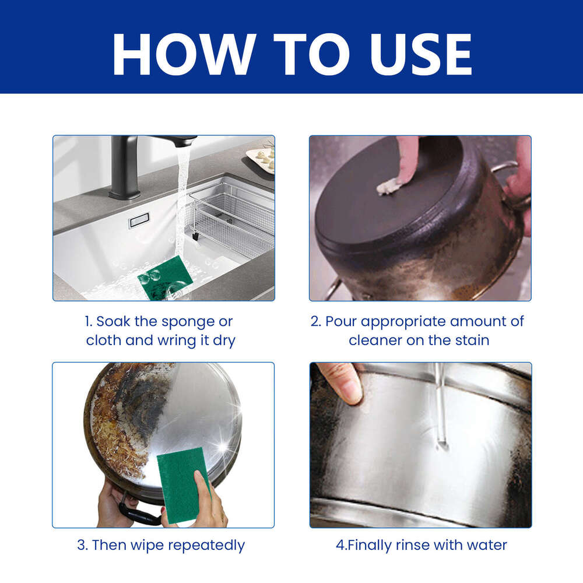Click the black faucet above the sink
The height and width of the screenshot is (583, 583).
click(125, 166)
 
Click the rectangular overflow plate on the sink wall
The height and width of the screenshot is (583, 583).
click(139, 220)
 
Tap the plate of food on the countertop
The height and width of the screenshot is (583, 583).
click(262, 159)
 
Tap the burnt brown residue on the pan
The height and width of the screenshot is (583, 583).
click(117, 431)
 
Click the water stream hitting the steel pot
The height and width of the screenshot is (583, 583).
click(441, 408)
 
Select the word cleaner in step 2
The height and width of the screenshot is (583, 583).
click(376, 340)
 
